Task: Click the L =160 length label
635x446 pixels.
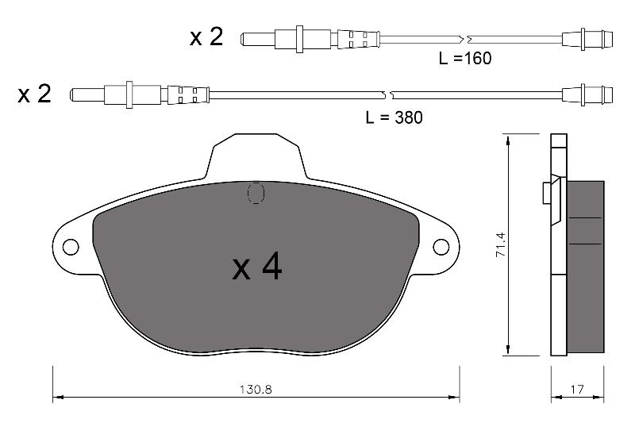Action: tap(465, 58)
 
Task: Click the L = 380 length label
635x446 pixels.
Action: tap(394, 117)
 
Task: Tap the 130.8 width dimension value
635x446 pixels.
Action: tap(256, 390)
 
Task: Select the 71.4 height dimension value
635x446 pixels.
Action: tap(501, 245)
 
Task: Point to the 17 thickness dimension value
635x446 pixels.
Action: tap(577, 390)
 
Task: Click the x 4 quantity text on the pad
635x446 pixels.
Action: tap(257, 267)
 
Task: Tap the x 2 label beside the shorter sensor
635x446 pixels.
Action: tap(206, 37)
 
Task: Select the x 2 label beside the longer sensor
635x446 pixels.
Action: tap(34, 94)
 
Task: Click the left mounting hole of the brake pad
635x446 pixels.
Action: tap(71, 247)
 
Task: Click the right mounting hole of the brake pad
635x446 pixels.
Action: tap(441, 247)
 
